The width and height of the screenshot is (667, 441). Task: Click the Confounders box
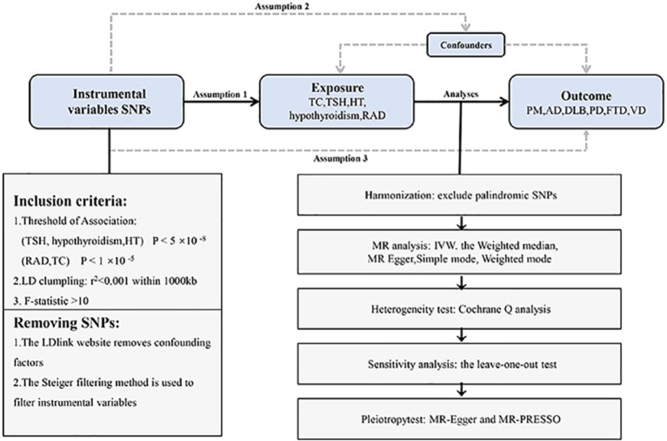[466, 44]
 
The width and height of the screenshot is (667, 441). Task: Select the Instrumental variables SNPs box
[106, 102]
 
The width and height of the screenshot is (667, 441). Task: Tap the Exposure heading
[337, 88]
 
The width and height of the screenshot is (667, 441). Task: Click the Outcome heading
[586, 95]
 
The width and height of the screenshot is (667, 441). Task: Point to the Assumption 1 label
[220, 95]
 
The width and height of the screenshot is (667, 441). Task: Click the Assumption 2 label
[282, 6]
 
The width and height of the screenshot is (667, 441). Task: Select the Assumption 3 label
[340, 159]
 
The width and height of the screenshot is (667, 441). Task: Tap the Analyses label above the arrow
[461, 94]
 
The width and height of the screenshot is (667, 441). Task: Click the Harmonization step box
[459, 194]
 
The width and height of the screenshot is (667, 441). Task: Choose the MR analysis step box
[459, 252]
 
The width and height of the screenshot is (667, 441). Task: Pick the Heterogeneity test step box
[459, 308]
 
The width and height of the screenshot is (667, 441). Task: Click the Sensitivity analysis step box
[459, 365]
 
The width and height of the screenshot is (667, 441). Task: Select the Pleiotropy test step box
[459, 419]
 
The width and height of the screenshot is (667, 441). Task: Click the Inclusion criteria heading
[70, 201]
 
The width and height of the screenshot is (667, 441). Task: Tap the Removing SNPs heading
[66, 323]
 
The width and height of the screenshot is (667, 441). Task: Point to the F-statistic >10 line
[50, 301]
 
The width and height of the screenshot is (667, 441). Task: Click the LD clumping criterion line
[104, 280]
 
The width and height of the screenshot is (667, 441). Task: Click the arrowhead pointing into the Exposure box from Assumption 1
[255, 102]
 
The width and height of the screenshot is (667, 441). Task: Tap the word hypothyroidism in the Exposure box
[324, 115]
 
